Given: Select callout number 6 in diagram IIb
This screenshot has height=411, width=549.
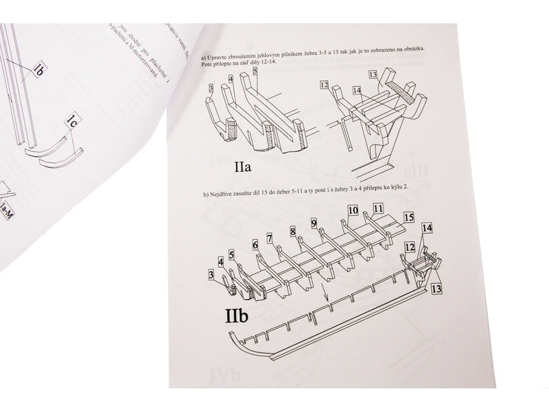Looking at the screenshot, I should [255, 245].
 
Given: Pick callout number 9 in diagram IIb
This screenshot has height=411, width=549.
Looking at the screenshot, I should [314, 223].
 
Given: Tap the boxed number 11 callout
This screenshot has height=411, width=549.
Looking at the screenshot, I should [378, 208].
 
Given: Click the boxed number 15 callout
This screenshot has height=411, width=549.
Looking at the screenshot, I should [409, 216].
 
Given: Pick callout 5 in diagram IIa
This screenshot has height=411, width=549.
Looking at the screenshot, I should [255, 71].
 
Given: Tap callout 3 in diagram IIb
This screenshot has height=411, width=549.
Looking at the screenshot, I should [211, 275].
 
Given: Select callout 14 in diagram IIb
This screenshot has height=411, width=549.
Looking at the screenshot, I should [427, 227].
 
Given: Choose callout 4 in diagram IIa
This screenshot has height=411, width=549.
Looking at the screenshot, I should [231, 79].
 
